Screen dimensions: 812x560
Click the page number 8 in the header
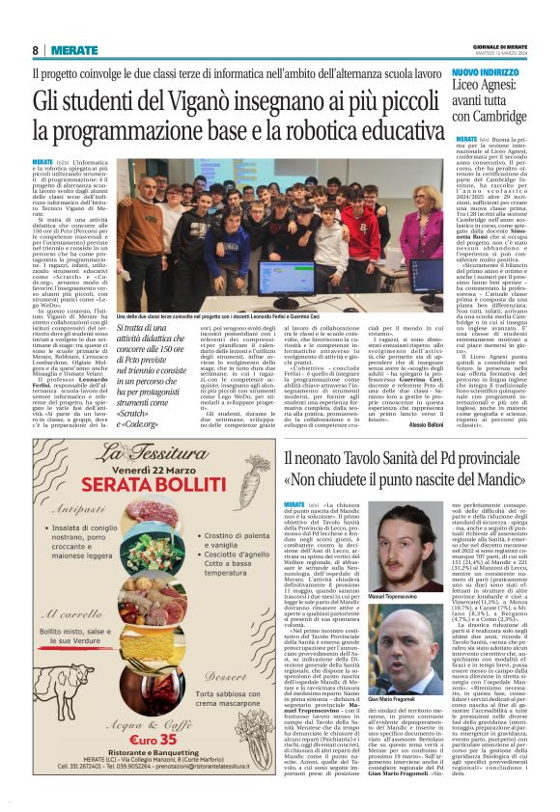36,49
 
